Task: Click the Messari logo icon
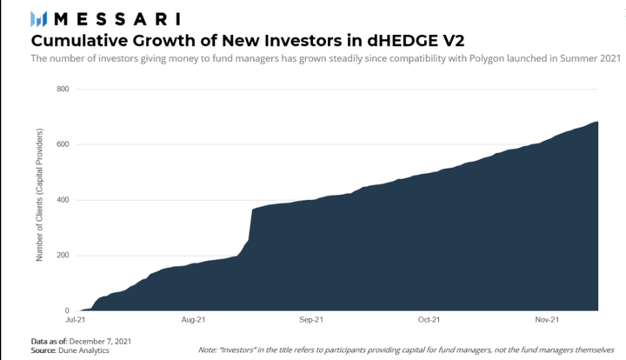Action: click(39, 19)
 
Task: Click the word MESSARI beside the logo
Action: click(117, 19)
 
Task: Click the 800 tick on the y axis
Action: click(63, 89)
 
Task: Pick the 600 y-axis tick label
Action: click(63, 144)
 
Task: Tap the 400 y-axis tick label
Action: click(63, 200)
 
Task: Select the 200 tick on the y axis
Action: click(63, 256)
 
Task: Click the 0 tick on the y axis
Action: click(67, 310)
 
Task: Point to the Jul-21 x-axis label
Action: click(76, 320)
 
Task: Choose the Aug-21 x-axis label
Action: click(193, 320)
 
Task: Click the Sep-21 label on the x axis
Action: click(311, 320)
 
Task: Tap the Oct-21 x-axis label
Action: click(430, 320)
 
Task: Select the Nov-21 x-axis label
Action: click(547, 320)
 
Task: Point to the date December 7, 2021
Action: click(100, 341)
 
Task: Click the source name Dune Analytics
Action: click(83, 350)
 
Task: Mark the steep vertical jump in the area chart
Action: click(250, 224)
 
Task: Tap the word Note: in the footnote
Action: click(208, 350)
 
